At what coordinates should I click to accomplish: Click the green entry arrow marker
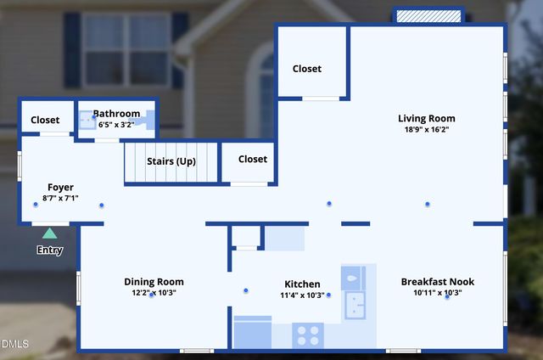[50, 233]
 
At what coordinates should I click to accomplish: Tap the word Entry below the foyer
[50, 250]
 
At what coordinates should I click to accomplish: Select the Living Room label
[427, 119]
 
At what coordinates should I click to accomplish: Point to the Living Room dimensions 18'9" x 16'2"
[427, 130]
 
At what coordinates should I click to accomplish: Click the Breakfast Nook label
[438, 282]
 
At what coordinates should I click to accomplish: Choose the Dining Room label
[154, 282]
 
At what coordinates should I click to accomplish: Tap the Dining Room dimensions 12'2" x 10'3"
[154, 293]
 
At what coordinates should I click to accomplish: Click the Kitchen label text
[302, 284]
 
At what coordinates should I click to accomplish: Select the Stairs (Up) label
[171, 161]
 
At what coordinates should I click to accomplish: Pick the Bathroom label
[116, 114]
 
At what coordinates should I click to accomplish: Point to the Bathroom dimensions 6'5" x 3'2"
[116, 124]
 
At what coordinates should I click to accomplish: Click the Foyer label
[60, 188]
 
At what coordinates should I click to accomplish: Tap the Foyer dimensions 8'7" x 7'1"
[60, 199]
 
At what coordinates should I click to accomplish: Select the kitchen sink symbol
[354, 303]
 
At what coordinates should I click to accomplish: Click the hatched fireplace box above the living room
[428, 16]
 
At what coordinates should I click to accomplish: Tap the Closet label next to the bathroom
[45, 121]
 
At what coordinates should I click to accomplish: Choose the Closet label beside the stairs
[253, 159]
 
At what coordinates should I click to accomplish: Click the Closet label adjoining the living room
[307, 69]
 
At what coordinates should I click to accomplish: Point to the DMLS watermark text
[14, 344]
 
